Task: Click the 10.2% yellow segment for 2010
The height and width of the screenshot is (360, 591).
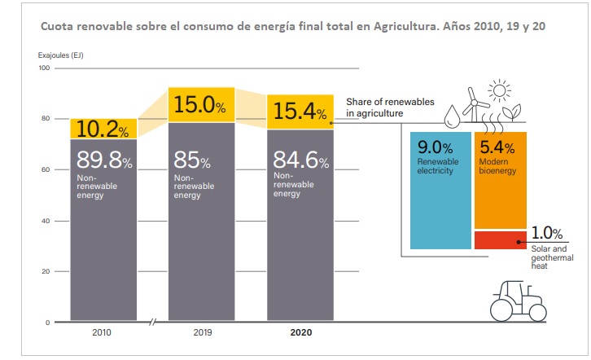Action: coord(103,129)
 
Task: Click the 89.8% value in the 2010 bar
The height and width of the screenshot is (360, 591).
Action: coord(104,160)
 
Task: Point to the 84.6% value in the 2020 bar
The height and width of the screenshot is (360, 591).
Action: coord(301,160)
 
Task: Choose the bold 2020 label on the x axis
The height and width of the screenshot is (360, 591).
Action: coord(300,332)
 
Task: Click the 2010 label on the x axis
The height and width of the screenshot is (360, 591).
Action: coord(103,332)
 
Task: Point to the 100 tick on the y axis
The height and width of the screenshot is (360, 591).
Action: coord(45,68)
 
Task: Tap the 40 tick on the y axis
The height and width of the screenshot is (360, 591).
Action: coord(46,221)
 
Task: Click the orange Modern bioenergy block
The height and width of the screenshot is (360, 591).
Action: coord(500,179)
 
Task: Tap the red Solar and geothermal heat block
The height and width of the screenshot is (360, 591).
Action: coord(500,239)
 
